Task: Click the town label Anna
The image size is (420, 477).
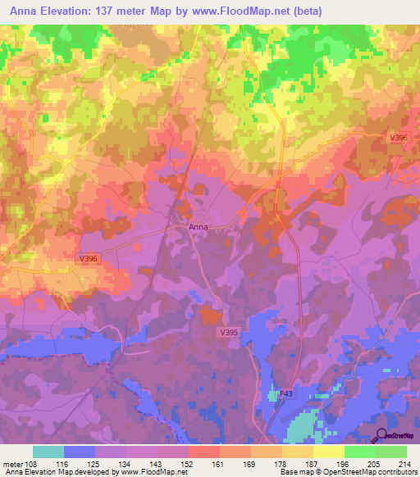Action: [x=199, y=227]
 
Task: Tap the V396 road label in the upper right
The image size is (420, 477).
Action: [x=399, y=138]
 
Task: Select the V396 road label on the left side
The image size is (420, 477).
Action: [x=89, y=259]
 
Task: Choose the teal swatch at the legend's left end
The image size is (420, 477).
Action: [x=48, y=452]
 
